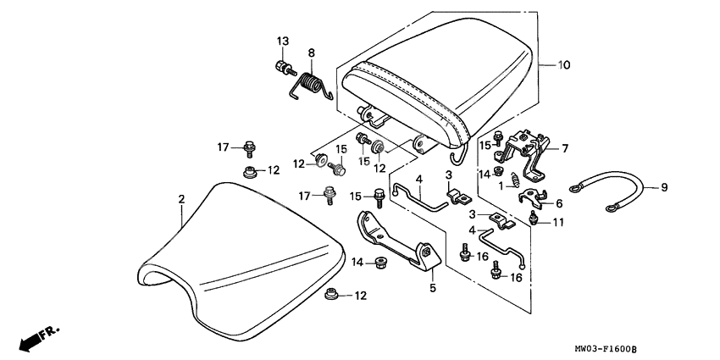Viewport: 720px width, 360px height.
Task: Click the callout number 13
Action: pos(282,42)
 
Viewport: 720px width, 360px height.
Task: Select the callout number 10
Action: pos(563,64)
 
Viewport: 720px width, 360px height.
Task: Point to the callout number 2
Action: pos(180,198)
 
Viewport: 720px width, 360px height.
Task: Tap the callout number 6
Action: pos(559,203)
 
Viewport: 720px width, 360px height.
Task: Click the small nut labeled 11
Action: pos(534,221)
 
